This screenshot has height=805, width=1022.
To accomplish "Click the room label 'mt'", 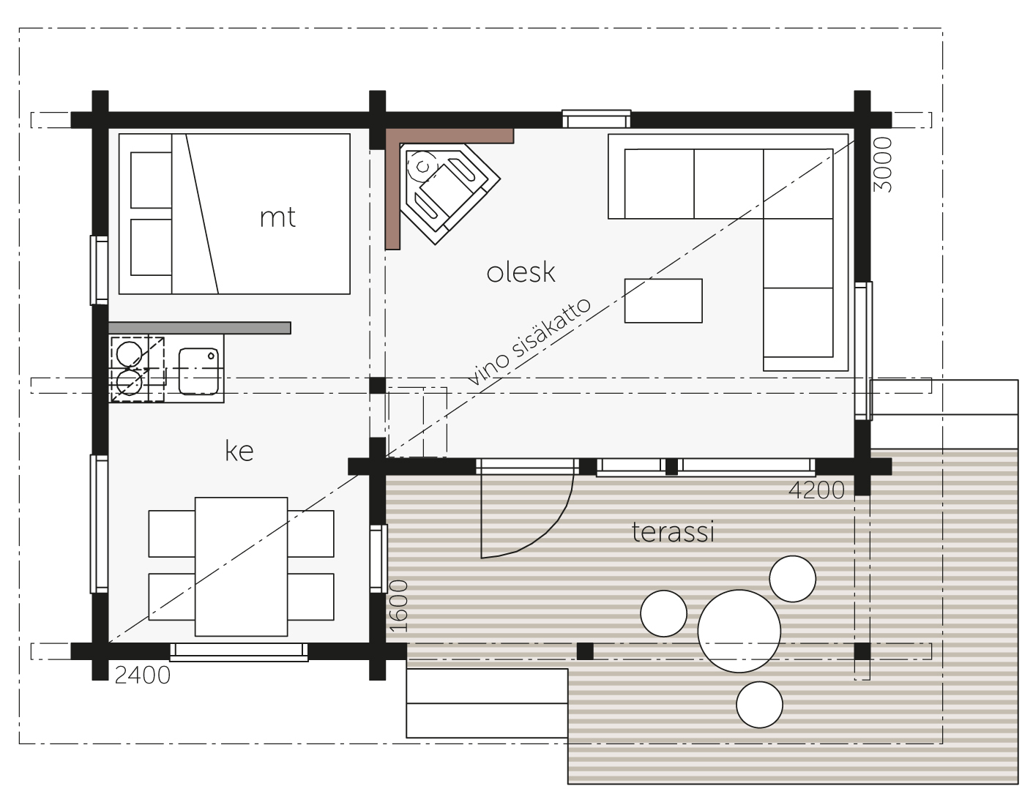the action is [277, 218].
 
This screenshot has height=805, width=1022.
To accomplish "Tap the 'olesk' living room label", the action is [521, 273].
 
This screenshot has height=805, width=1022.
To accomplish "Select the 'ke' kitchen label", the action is [239, 451].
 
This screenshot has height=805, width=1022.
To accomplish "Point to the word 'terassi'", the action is [673, 532].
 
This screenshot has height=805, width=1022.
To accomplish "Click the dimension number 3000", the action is [883, 165].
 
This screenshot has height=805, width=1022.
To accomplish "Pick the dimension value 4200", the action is [817, 490].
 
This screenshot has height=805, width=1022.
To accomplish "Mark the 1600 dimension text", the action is [398, 606].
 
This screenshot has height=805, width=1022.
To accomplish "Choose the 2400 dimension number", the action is [143, 675].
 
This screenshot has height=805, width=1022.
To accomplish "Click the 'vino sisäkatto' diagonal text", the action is [529, 342].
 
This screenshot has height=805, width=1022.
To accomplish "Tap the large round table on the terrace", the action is [739, 631].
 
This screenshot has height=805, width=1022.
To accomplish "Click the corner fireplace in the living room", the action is [449, 192].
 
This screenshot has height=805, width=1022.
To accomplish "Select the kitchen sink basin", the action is [198, 371].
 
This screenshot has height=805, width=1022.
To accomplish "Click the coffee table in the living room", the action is [663, 301].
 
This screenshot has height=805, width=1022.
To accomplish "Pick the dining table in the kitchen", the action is [242, 566].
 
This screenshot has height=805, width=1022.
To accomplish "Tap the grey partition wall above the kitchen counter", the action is [199, 328].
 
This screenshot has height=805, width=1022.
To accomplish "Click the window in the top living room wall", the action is [597, 119].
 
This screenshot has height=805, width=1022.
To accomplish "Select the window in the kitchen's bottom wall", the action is [239, 651].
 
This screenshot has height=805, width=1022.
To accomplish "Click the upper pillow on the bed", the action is [151, 180].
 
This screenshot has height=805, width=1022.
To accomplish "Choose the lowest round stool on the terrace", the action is [759, 705].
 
